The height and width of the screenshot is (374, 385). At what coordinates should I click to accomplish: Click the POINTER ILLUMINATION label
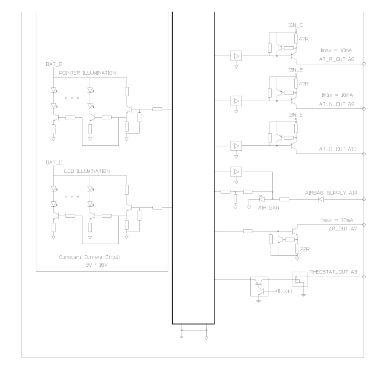[x=87, y=73]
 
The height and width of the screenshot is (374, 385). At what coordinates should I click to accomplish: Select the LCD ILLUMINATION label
[x=87, y=171]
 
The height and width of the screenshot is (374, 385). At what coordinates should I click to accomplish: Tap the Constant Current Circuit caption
[x=90, y=257]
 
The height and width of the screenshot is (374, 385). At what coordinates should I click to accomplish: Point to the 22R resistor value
[x=305, y=249]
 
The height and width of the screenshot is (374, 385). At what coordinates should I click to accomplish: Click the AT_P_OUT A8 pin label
[x=337, y=59]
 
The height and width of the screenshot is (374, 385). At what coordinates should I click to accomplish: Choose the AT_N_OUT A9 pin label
[x=337, y=104]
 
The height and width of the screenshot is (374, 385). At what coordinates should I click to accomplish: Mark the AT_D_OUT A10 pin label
[x=338, y=149]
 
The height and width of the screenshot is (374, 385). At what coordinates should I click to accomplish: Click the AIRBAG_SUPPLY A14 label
[x=331, y=193]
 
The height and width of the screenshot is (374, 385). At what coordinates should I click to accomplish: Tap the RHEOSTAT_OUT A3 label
[x=333, y=272]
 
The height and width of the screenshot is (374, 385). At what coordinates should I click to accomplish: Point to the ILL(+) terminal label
[x=285, y=291]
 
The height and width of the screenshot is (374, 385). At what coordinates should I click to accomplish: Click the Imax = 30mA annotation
[x=337, y=220]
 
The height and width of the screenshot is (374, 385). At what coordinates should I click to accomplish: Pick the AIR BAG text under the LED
[x=268, y=207]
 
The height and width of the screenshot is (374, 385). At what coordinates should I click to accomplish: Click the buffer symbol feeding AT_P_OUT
[x=236, y=56]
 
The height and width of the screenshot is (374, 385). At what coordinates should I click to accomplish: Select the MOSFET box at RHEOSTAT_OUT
[x=300, y=279]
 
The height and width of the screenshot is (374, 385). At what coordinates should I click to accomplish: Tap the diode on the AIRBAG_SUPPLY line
[x=321, y=199]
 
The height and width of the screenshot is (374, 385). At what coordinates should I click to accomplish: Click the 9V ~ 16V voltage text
[x=96, y=265]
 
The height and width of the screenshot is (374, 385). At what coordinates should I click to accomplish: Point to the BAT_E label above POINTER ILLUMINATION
[x=54, y=64]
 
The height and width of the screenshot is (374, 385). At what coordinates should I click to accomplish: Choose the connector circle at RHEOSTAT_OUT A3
[x=364, y=277]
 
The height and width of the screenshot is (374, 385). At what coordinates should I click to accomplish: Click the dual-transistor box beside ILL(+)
[x=259, y=287]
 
